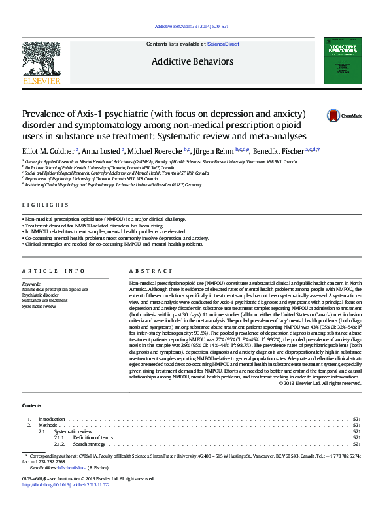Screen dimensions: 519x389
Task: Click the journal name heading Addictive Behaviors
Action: tap(192, 62)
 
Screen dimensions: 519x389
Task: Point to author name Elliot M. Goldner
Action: tap(48, 150)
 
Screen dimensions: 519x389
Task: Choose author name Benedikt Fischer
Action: tap(280, 150)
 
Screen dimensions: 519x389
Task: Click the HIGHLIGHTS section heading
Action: tap(45, 205)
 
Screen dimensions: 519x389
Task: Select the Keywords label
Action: tap(31, 284)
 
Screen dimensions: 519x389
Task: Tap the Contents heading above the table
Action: tap(32, 406)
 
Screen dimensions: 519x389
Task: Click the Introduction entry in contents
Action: tap(52, 419)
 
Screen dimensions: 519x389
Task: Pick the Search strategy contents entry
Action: tap(89, 444)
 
